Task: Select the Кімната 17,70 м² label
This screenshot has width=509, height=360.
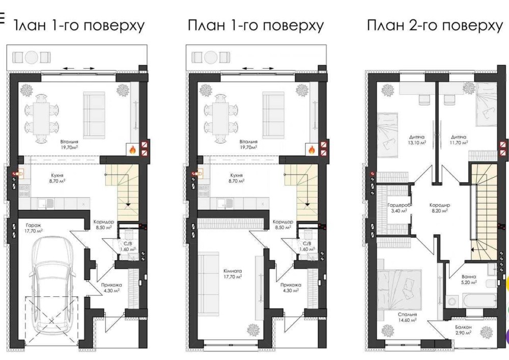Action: tap(233, 273)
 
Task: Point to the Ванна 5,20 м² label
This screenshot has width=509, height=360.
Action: tap(469, 279)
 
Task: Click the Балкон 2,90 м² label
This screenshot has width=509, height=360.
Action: tap(464, 330)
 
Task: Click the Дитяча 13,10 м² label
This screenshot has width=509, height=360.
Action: tap(417, 140)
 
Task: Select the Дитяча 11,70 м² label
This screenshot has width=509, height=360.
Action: tap(459, 140)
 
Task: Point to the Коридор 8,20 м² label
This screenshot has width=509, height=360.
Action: tap(440, 208)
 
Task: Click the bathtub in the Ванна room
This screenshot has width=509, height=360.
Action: tap(471, 301)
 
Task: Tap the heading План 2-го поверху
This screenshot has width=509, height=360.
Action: tap(435, 25)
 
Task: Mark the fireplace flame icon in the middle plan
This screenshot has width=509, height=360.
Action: tap(311, 150)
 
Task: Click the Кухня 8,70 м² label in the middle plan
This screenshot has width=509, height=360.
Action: tap(236, 178)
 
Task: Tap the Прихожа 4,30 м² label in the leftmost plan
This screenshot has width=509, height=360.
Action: tap(110, 288)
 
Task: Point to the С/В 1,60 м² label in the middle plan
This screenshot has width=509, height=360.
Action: tap(307, 246)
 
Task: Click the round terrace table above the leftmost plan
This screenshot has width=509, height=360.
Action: tap(32, 58)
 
